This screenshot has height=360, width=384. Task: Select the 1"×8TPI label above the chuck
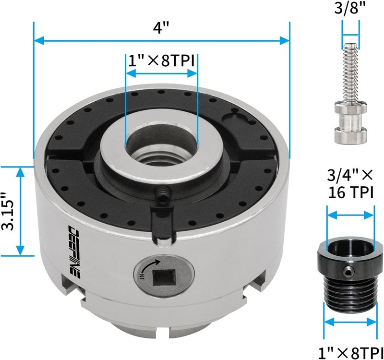point(161,61)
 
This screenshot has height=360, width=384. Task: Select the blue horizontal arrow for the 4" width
point(162,41)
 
